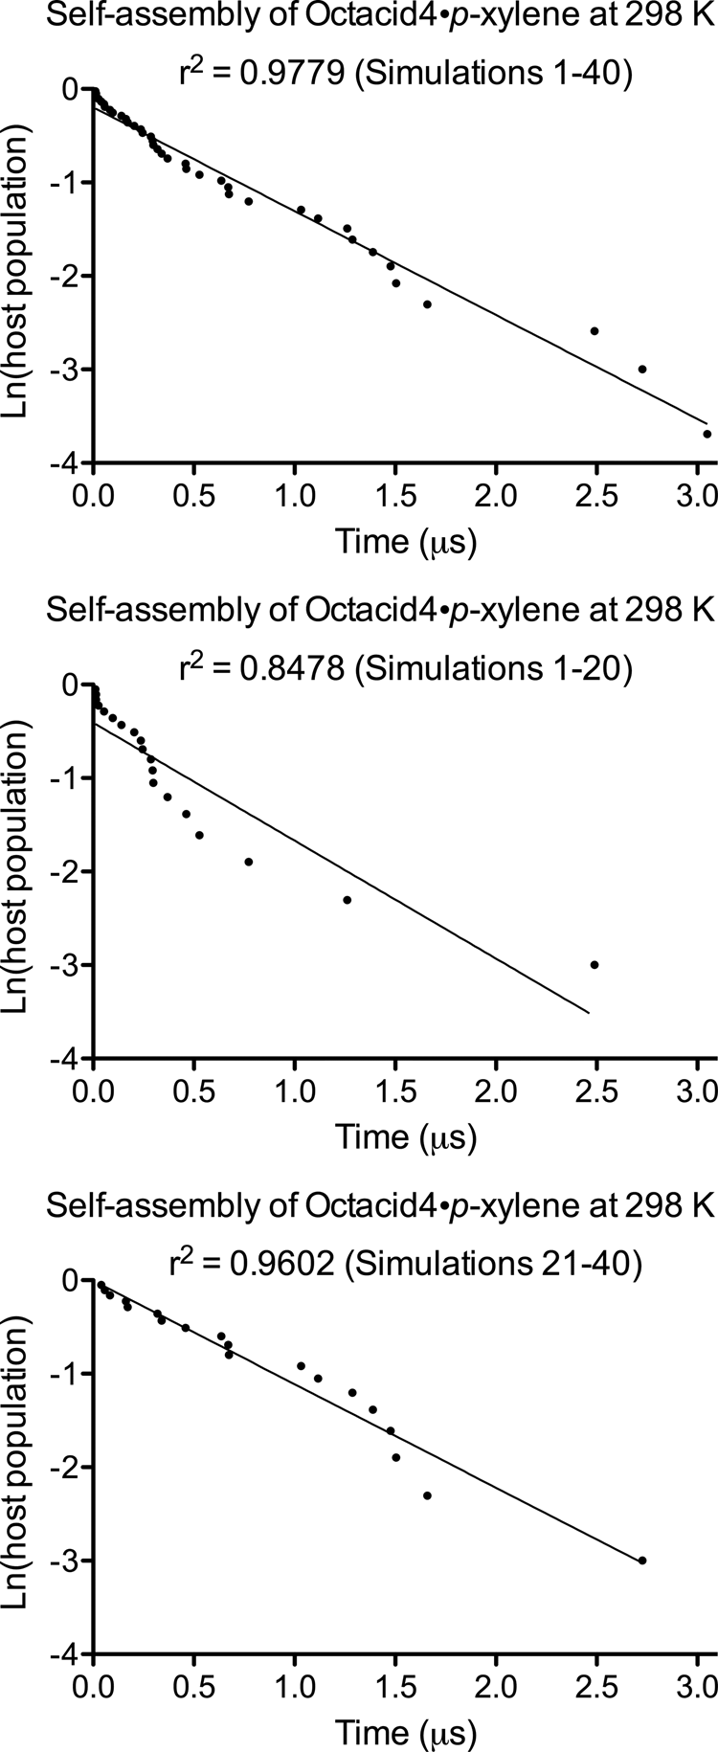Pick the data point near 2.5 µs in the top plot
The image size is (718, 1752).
click(594, 331)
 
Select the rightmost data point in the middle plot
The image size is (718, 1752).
click(594, 965)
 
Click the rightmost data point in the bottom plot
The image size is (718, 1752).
click(642, 1561)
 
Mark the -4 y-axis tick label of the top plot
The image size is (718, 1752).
click(64, 463)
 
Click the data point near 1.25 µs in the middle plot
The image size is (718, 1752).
click(347, 900)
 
